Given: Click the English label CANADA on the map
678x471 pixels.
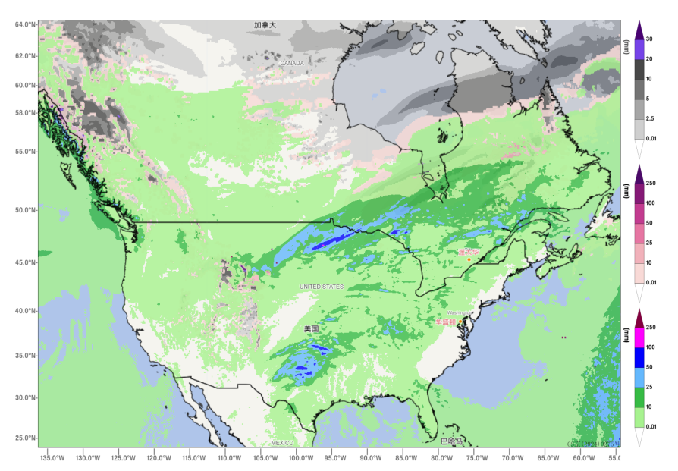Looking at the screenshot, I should [x=292, y=63].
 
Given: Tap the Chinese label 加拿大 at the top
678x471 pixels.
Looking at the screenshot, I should [x=265, y=25].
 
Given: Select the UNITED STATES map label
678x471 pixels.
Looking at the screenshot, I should [x=321, y=287].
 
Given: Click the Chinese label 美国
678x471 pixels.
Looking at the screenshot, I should [x=311, y=328].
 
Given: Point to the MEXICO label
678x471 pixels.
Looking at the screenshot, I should [x=282, y=442].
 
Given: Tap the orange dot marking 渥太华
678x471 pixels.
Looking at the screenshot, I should [x=469, y=260].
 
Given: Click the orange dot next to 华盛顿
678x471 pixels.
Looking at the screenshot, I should [x=462, y=322].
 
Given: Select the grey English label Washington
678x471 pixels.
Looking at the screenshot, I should [x=460, y=312].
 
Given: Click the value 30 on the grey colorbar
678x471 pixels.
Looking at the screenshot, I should [x=649, y=39].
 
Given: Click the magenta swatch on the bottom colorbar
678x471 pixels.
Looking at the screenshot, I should [x=639, y=338].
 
